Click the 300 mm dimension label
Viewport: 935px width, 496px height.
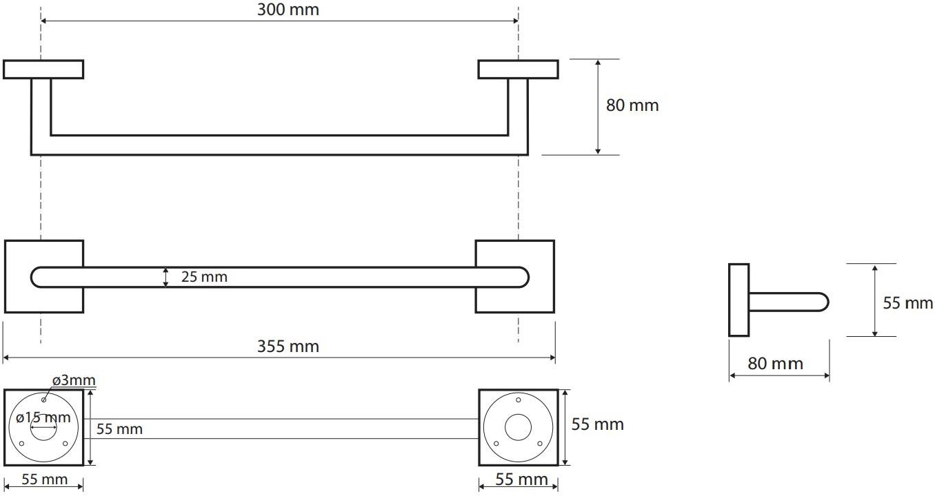click(288, 10)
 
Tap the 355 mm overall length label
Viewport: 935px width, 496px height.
click(288, 347)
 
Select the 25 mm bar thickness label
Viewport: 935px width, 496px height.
click(204, 276)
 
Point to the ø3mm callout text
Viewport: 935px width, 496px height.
click(74, 380)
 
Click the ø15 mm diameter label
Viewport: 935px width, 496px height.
click(43, 417)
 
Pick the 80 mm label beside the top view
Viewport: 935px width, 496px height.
click(632, 105)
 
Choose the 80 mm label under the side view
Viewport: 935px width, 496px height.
click(775, 363)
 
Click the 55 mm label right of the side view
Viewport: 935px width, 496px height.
click(908, 303)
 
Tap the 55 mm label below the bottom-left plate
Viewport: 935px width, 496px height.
click(44, 479)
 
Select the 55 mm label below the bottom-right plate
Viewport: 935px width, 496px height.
click(521, 479)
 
